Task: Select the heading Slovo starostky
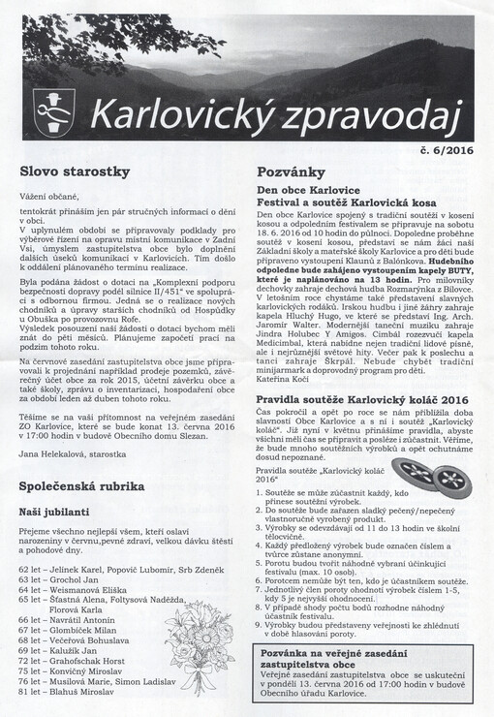(75, 171)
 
